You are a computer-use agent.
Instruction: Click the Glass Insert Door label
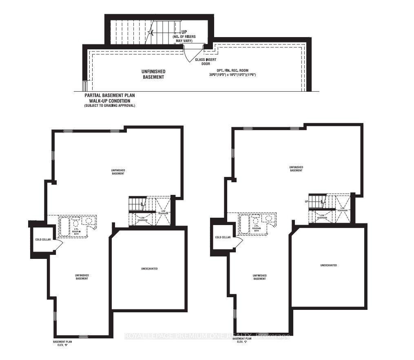click(x=205, y=62)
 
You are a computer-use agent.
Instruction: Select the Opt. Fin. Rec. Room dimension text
click(x=232, y=75)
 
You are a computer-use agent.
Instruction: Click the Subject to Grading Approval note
click(x=109, y=106)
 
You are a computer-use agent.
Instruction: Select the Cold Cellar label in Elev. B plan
click(x=42, y=240)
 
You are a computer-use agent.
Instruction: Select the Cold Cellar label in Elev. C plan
click(x=223, y=237)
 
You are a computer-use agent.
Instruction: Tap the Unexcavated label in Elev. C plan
click(x=328, y=265)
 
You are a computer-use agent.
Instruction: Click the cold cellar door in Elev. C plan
click(x=238, y=241)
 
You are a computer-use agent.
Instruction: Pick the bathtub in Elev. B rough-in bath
click(x=64, y=227)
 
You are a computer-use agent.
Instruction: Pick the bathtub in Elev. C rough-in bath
click(x=245, y=224)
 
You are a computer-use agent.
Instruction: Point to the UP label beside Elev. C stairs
click(x=306, y=201)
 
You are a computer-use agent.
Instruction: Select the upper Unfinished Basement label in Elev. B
click(x=118, y=172)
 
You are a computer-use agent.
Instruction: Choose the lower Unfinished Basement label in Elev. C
click(x=259, y=276)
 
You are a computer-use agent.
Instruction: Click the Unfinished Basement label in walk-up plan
click(x=153, y=74)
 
